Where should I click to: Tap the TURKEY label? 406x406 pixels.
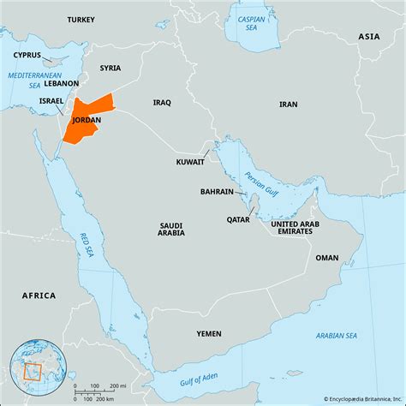coord(81,19)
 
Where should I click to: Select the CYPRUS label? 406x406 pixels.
coord(27,54)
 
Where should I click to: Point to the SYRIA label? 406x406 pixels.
coord(110,68)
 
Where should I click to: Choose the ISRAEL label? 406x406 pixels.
coord(51,100)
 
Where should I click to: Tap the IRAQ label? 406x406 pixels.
coord(162,102)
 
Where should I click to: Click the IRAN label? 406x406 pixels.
coord(289,104)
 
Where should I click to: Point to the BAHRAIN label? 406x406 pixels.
coord(217,192)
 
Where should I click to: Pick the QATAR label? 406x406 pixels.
coord(239,219)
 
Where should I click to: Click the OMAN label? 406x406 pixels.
coord(326,257)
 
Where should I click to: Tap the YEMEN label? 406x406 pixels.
coord(208,333)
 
